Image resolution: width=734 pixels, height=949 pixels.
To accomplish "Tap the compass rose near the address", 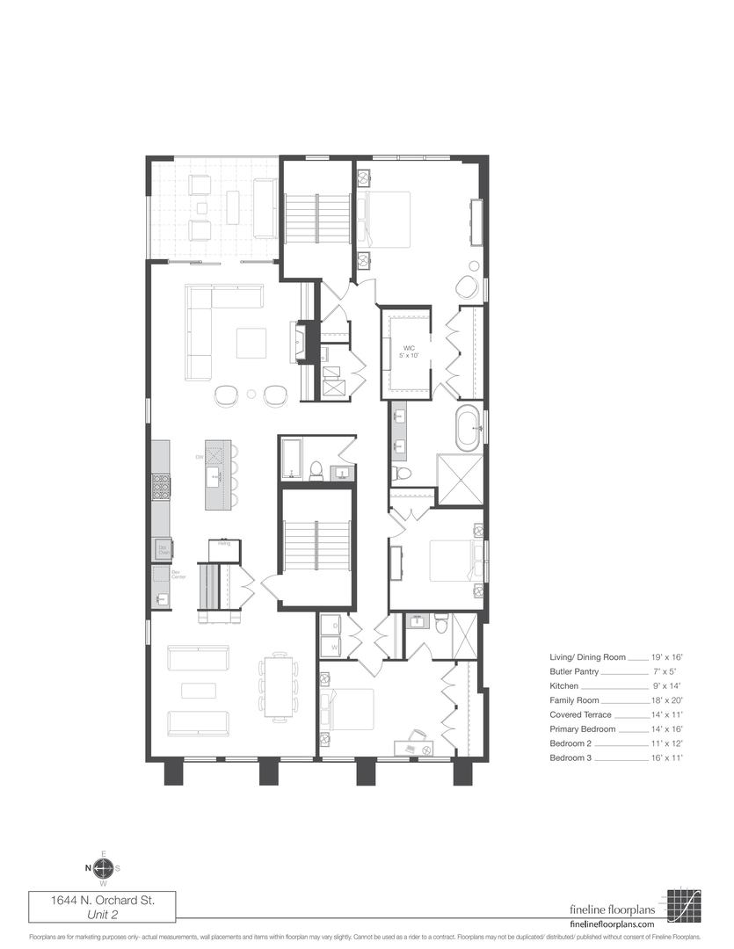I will pyautogui.click(x=103, y=868).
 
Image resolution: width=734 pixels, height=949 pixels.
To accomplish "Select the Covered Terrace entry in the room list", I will pyautogui.click(x=583, y=714).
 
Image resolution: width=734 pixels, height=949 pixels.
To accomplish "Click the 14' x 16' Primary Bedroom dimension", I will pyautogui.click(x=667, y=729).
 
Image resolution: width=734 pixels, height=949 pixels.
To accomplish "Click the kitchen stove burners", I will pyautogui.click(x=160, y=486).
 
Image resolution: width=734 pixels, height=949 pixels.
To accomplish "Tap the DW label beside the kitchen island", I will pyautogui.click(x=200, y=457).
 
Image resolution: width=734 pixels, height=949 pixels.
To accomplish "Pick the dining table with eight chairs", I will pyautogui.click(x=279, y=686).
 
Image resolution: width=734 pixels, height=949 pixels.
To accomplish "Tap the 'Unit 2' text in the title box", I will pyautogui.click(x=103, y=915).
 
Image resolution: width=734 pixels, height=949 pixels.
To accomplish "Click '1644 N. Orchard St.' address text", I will pyautogui.click(x=102, y=900).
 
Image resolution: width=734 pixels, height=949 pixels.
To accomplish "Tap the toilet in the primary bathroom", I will pyautogui.click(x=403, y=474).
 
